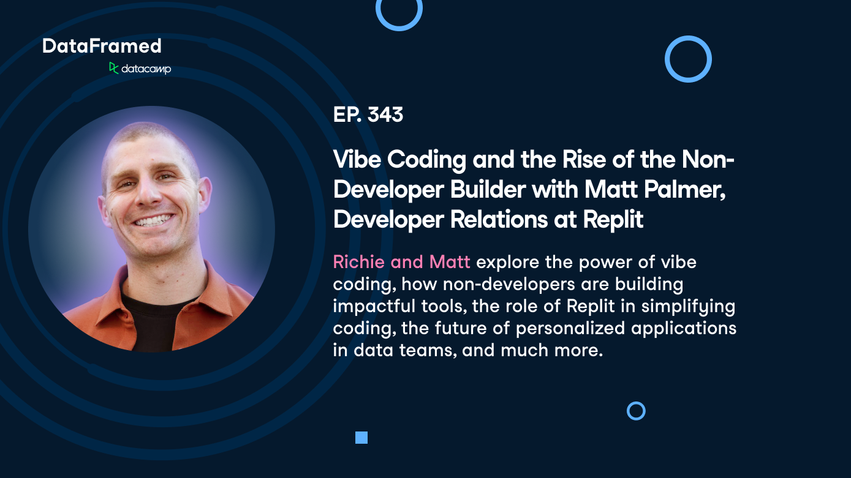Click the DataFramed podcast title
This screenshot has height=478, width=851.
[x=102, y=46]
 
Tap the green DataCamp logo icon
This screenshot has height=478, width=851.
[x=113, y=68]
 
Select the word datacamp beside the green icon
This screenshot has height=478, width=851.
[x=146, y=69]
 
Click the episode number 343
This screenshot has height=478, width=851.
[x=385, y=114]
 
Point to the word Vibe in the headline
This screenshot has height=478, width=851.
[x=357, y=159]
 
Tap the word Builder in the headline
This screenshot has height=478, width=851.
[x=488, y=189]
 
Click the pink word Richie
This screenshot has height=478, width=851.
[x=359, y=262]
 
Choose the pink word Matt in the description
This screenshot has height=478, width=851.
[x=450, y=262]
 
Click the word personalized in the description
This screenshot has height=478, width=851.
[x=570, y=328]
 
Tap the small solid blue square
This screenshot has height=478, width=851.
[x=361, y=438]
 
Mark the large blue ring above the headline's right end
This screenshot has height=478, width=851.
[x=667, y=59]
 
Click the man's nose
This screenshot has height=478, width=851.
[x=148, y=193]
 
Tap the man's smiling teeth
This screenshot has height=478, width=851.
[x=153, y=220]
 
